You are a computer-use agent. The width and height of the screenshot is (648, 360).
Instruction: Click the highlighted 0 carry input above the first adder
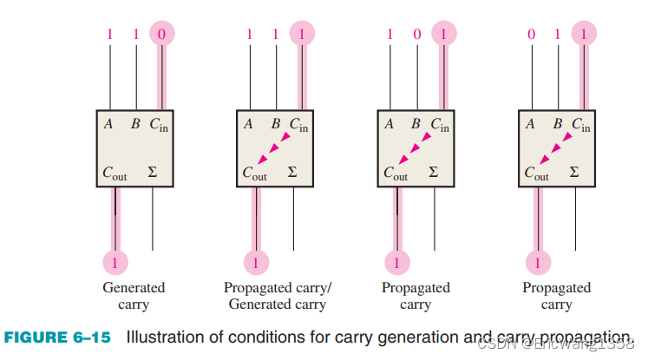(x=160, y=35)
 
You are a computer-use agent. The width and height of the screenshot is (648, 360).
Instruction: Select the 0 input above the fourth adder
(x=532, y=35)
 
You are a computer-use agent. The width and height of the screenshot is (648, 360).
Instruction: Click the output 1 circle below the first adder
(x=115, y=260)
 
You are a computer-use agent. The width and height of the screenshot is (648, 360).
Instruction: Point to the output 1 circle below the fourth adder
(x=539, y=260)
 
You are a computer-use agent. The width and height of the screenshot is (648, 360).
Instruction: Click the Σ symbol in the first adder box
(x=152, y=173)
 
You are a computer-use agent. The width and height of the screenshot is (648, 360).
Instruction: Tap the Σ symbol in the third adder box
(x=434, y=173)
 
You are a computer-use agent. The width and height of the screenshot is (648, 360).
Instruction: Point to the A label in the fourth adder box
(x=530, y=124)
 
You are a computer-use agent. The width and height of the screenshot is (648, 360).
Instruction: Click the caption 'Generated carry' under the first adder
(x=134, y=296)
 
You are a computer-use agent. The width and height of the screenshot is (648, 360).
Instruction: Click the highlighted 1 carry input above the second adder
(x=301, y=35)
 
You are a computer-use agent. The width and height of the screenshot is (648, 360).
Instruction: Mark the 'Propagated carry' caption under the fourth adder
(x=556, y=296)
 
